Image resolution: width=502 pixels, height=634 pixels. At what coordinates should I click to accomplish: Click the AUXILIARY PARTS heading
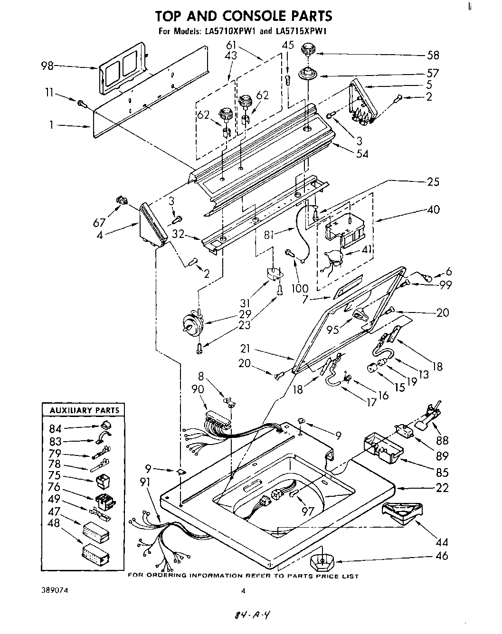[81, 410]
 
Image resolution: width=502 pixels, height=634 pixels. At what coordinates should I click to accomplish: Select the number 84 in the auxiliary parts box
[56, 429]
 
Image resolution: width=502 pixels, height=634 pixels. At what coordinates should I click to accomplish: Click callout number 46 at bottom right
[442, 555]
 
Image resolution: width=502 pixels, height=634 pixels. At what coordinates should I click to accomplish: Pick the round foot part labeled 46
[322, 563]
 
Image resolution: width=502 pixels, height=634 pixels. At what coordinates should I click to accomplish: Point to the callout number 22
[442, 487]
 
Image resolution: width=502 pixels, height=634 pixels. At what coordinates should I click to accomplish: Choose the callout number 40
[433, 209]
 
